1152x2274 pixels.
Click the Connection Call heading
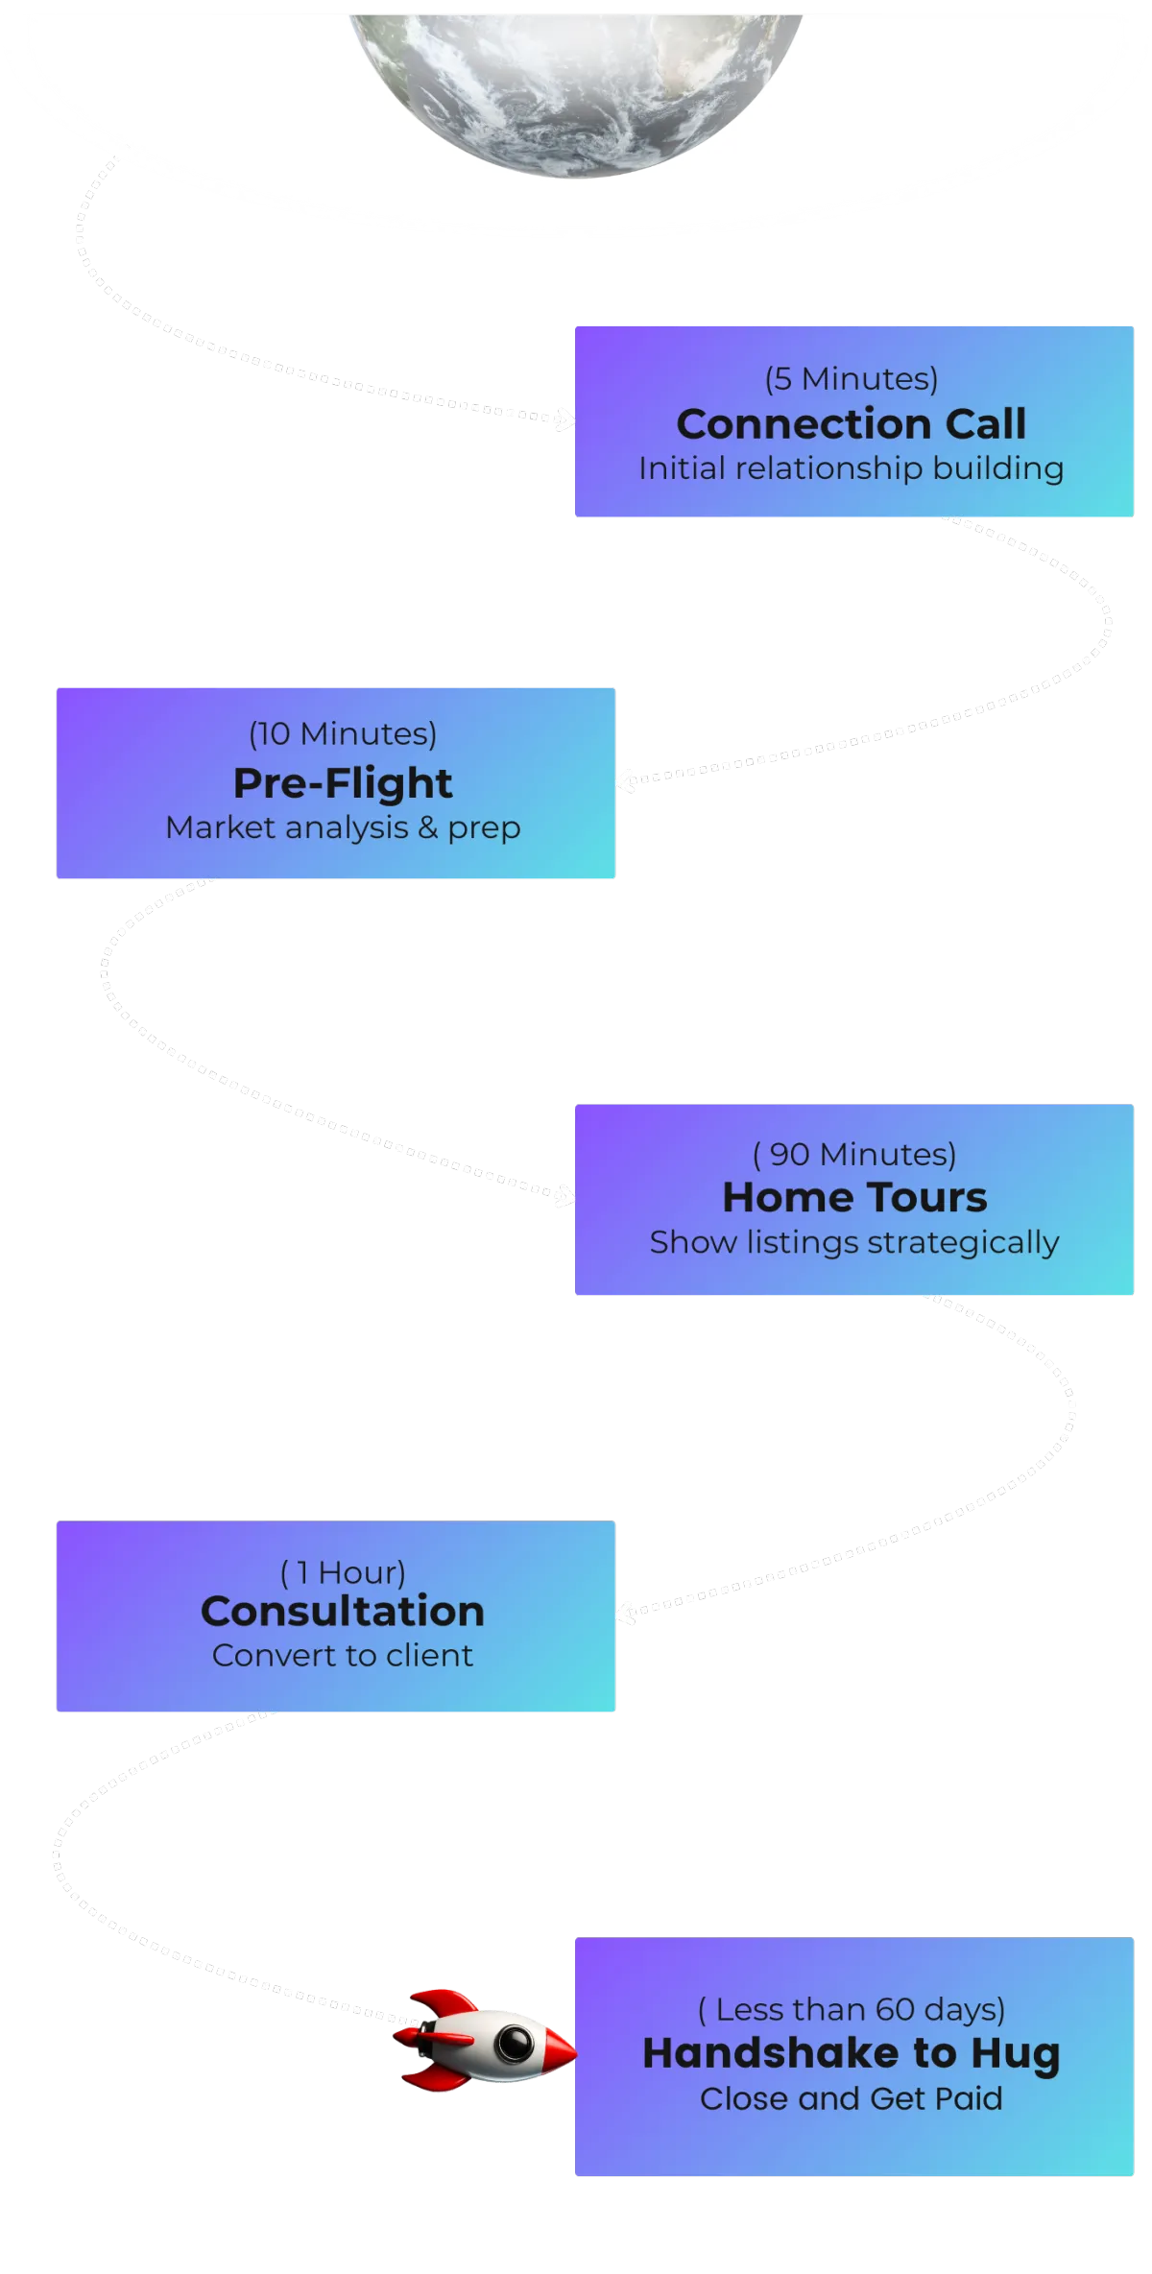[x=852, y=423]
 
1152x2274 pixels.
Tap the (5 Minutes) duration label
[x=852, y=378]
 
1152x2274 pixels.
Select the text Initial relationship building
[x=852, y=468]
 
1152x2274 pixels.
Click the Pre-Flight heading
[x=343, y=783]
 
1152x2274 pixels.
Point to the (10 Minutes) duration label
[x=343, y=733]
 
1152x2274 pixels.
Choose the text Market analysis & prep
[x=343, y=827]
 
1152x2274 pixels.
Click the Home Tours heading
[x=854, y=1197]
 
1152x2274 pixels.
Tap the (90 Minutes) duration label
[x=854, y=1154]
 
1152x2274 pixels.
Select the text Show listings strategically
[x=854, y=1242]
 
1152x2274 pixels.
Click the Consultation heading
[x=343, y=1612]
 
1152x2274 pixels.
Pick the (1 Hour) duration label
[x=343, y=1572]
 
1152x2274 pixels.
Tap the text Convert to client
[x=343, y=1656]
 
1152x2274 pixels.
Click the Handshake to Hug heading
[x=852, y=2053]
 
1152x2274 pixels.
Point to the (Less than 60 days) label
[x=852, y=2009]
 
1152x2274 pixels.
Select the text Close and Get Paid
[x=852, y=2098]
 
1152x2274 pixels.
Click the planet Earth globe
[x=576, y=86]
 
